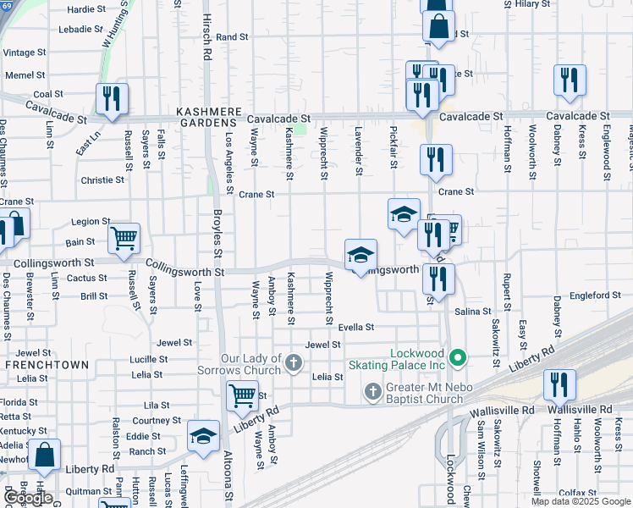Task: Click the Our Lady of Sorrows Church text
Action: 250,365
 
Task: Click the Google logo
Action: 28,498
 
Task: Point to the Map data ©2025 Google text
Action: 581,501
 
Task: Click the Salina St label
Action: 473,312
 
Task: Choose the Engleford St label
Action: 595,295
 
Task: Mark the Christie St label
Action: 102,180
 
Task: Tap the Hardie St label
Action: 86,9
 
